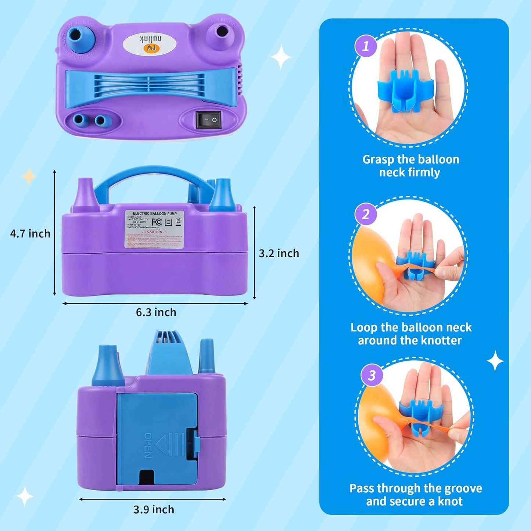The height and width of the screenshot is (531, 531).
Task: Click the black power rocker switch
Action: pos(209,120)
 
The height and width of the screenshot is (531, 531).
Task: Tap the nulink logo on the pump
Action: pos(149,44)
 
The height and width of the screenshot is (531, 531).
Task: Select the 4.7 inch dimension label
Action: pos(30,234)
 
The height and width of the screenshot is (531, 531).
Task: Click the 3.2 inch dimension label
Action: pos(279,253)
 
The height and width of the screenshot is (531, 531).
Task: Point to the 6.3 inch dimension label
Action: pos(156,312)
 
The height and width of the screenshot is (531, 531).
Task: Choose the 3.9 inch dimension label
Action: pos(154,510)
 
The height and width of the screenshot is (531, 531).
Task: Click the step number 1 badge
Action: pos(365,46)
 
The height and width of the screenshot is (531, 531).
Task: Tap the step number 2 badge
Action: pos(365,214)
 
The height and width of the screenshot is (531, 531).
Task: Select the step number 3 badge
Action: pos(372,375)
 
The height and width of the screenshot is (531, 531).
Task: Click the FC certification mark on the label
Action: pos(157,222)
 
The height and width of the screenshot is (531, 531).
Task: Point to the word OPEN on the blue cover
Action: pos(148,445)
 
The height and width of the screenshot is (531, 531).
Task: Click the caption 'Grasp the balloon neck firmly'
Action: pos(410,166)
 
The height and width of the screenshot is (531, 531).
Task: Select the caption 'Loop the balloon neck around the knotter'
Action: pos(410,334)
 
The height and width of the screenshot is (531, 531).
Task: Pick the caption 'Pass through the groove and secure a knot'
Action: pos(415,495)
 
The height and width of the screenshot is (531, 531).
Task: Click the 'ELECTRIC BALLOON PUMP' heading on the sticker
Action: pos(155,214)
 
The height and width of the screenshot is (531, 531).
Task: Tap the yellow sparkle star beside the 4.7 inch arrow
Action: pos(29,177)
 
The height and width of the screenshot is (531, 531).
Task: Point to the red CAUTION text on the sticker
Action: pos(154,232)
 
